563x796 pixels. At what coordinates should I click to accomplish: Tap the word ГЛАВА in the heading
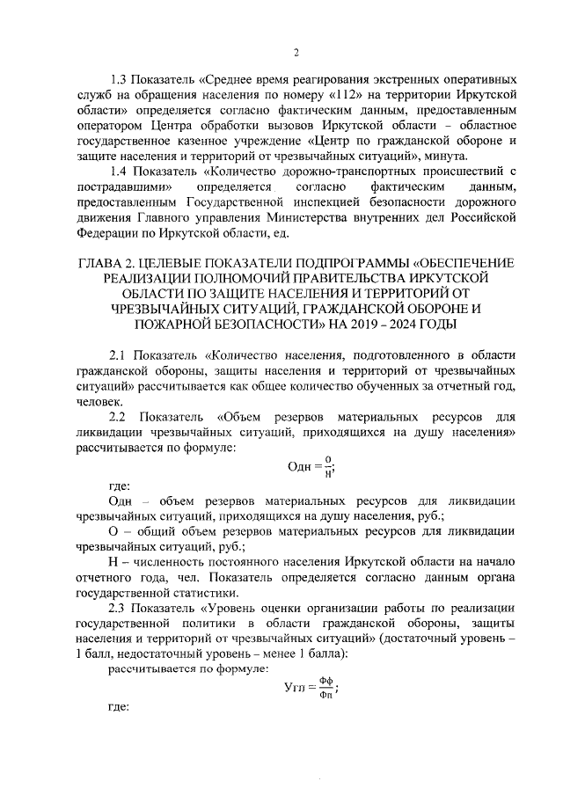coord(104,262)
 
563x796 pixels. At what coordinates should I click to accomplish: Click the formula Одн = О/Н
coord(313,466)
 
